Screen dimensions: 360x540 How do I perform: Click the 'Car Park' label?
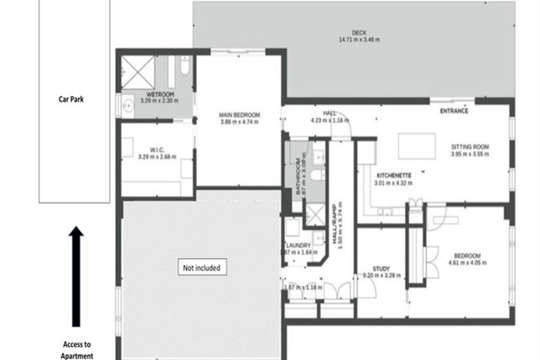72,99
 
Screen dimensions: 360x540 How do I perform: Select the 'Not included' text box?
202,268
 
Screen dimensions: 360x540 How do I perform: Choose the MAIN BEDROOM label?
240,115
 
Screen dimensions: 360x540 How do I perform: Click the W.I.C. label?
155,149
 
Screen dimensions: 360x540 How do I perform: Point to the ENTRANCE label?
455,111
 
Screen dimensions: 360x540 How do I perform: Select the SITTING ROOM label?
469,147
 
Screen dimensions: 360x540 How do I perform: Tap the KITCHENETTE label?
394,175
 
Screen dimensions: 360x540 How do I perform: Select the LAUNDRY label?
299,245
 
